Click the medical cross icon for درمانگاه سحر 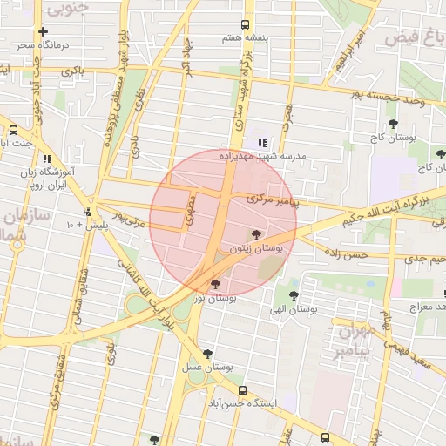click(x=43, y=31)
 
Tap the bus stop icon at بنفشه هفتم click(x=245, y=24)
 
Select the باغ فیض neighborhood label click(x=426, y=39)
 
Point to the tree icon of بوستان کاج click(x=394, y=124)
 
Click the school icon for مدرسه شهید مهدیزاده click(x=261, y=143)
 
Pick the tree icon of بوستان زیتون click(x=255, y=233)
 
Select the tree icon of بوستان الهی click(x=294, y=294)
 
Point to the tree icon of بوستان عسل click(x=207, y=354)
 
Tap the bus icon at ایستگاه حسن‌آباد click(x=242, y=391)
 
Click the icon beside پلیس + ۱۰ click(x=87, y=212)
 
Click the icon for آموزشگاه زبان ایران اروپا click(x=46, y=159)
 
